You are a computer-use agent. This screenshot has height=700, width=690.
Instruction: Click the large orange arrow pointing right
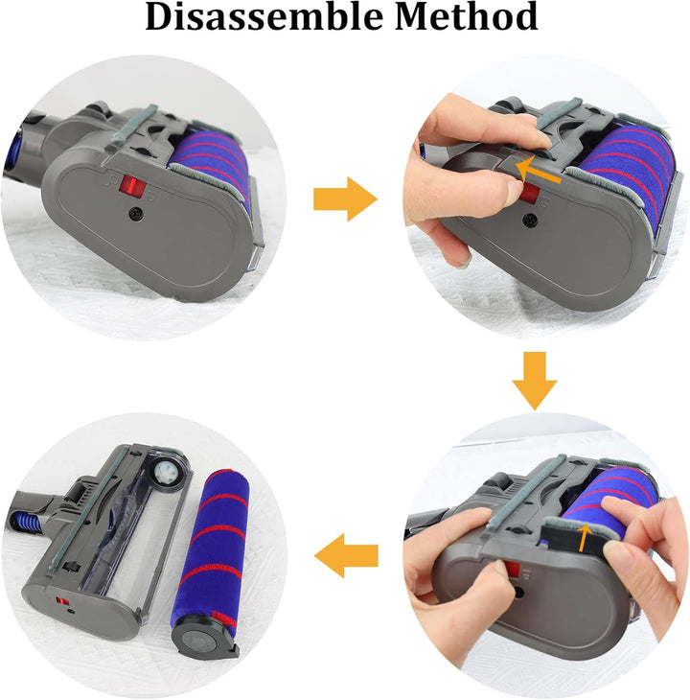pos(344,198)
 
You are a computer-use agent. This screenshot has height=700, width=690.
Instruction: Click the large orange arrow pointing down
pos(534,381)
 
